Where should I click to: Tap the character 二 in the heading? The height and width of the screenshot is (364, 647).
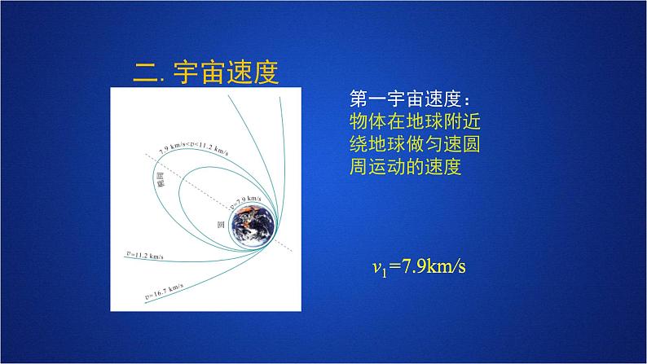pyautogui.click(x=146, y=72)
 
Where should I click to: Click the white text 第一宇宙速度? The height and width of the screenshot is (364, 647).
pyautogui.click(x=405, y=99)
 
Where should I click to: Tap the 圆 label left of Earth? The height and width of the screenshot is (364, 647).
pyautogui.click(x=220, y=222)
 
